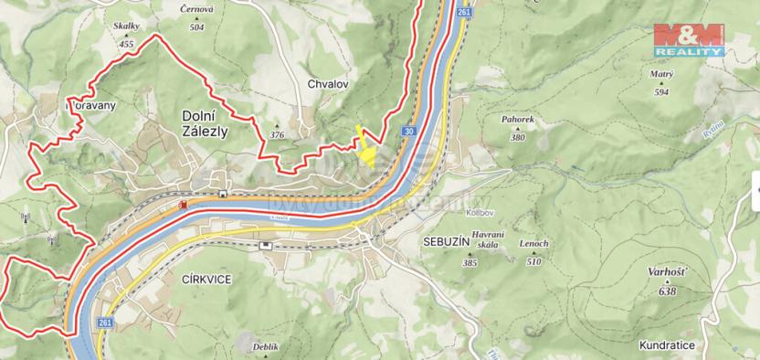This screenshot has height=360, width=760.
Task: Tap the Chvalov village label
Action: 329,85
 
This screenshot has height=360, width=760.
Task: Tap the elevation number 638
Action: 667,291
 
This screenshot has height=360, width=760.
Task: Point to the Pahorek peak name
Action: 518,119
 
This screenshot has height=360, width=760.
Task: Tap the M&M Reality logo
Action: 689,39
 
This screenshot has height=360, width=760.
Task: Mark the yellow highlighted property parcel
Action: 365,152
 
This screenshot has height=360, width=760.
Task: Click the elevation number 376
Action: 277,135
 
